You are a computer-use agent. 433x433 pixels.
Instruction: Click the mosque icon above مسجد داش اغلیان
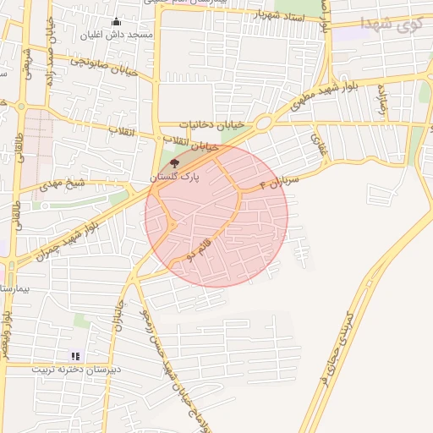tap(116, 22)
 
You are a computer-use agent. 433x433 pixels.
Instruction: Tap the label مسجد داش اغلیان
tap(116, 36)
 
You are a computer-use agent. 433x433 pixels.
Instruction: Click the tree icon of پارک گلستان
tap(174, 162)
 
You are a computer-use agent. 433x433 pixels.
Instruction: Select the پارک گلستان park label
tap(174, 177)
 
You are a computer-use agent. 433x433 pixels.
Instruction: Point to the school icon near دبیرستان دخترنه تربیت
tap(74, 357)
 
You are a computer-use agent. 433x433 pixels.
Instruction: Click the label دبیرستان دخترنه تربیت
tap(77, 370)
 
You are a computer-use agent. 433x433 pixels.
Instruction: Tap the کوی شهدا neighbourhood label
tap(388, 24)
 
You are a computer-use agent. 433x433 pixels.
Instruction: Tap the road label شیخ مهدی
tap(64, 183)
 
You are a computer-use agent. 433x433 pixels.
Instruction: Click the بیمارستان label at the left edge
tap(15, 288)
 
